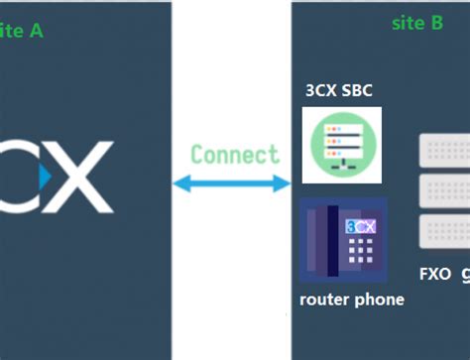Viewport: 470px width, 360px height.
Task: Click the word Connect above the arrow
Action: [235, 155]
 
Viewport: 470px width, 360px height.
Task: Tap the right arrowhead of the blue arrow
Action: [288, 183]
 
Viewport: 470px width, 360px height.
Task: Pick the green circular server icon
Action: [340, 142]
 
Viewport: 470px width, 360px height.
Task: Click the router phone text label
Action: [352, 300]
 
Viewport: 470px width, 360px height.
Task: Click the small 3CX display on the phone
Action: [359, 227]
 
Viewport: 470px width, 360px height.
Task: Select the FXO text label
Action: [434, 273]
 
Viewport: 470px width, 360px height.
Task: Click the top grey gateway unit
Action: [444, 152]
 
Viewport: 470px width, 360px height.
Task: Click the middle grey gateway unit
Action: [444, 190]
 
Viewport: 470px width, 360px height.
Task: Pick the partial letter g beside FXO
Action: [464, 274]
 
